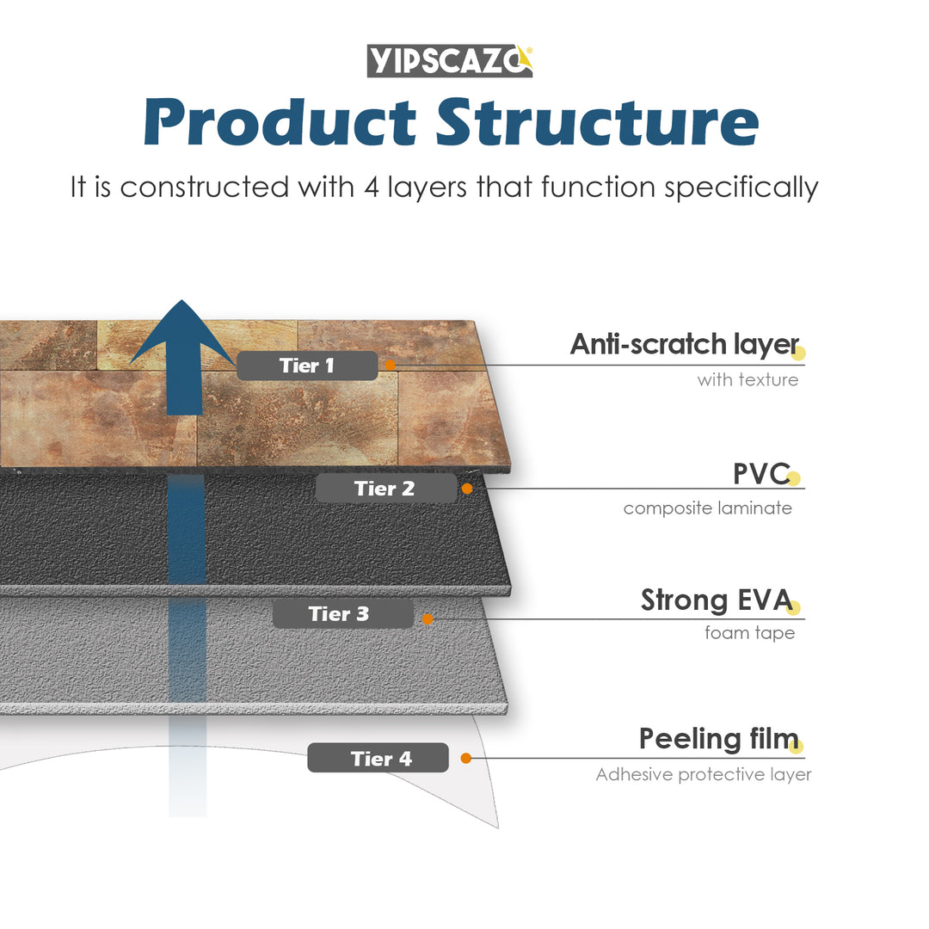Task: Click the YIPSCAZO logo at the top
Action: [x=450, y=60]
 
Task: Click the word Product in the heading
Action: [x=280, y=123]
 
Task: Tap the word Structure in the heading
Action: [x=597, y=123]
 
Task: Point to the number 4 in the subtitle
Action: [x=372, y=187]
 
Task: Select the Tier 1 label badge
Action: [x=307, y=366]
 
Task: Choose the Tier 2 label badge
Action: [x=385, y=489]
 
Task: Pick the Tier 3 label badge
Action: [x=342, y=614]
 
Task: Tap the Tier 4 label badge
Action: [x=378, y=759]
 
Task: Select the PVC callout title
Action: [x=760, y=474]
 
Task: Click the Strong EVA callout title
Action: [x=716, y=600]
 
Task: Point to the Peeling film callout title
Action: [x=718, y=739]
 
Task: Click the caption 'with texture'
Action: [x=748, y=379]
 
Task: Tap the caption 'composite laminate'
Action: [x=707, y=508]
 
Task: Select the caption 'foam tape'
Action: [x=749, y=633]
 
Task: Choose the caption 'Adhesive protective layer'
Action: [x=704, y=775]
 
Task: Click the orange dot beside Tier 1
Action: [x=390, y=366]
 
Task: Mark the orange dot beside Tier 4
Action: [x=465, y=758]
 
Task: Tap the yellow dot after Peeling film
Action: [x=796, y=747]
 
